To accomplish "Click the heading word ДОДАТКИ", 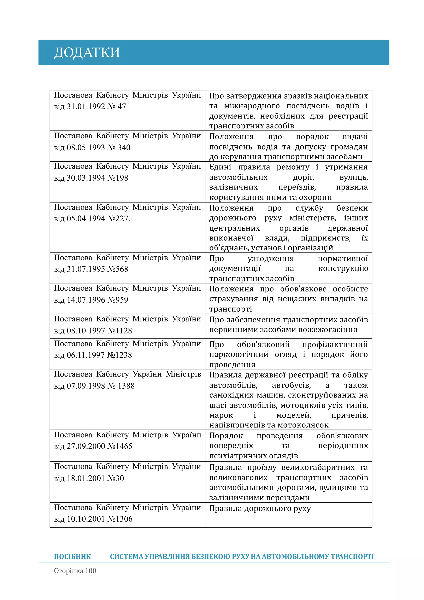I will [87, 53].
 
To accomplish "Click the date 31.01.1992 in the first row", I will [86, 107].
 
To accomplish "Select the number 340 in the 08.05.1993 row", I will [124, 148].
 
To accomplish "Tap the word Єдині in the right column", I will [220, 167].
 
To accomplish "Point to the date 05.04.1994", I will [86, 219].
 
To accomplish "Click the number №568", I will [118, 269].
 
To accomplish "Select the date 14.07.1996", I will [86, 300].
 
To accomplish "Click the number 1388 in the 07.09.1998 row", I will [126, 386].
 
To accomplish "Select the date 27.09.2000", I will [86, 446].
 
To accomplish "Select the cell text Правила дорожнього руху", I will [260, 508].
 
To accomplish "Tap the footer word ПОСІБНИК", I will [72, 557].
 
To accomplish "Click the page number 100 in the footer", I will [90, 571].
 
